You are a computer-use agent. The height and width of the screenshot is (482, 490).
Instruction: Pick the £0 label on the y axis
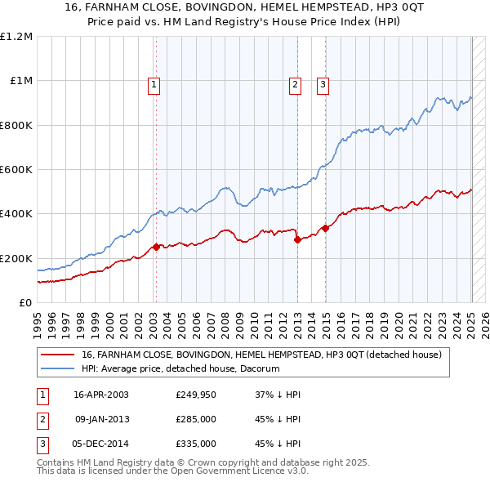[26, 303]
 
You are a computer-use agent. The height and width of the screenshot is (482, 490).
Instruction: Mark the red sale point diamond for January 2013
[297, 239]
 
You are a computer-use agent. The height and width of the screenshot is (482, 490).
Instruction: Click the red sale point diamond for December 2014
[326, 228]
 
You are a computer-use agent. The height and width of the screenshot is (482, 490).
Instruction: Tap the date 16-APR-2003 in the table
[101, 395]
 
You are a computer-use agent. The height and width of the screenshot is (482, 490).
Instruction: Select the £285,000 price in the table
[196, 419]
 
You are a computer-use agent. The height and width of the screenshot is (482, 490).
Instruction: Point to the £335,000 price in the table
[196, 444]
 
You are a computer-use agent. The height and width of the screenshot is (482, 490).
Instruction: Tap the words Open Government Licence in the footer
[239, 471]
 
